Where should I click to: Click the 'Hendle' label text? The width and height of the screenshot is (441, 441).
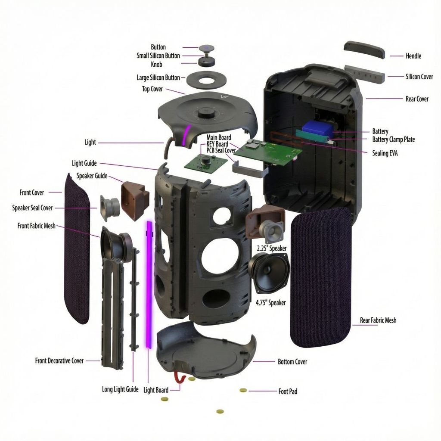click(x=413, y=56)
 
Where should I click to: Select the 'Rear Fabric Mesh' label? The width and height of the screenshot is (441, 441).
click(x=378, y=320)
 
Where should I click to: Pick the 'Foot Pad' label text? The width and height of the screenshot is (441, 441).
click(x=288, y=391)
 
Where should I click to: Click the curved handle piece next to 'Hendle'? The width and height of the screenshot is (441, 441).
click(x=364, y=50)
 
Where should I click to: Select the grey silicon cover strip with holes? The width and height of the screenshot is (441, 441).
click(x=365, y=74)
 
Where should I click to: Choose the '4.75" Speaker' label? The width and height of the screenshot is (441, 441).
click(x=270, y=303)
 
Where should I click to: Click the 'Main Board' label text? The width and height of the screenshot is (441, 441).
click(x=218, y=137)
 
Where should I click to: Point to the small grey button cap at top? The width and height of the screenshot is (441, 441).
click(x=207, y=48)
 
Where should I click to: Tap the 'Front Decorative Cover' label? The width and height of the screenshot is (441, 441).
click(x=59, y=360)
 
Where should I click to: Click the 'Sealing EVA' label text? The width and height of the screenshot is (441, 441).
click(x=385, y=153)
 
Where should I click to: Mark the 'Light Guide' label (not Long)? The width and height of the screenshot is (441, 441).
click(x=84, y=163)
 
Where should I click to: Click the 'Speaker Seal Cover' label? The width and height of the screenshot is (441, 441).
click(x=32, y=208)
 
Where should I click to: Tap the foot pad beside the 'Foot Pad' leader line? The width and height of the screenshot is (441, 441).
click(x=243, y=390)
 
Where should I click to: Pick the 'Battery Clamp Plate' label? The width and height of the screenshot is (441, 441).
click(x=394, y=139)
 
